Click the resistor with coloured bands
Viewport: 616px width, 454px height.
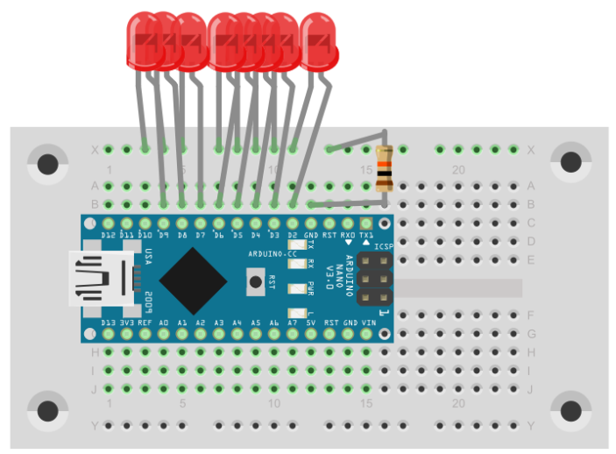[385, 168]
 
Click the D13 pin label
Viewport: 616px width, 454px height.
[108, 323]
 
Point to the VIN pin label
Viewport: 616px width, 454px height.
[368, 323]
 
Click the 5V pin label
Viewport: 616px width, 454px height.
[311, 323]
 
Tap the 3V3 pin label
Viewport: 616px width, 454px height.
[127, 323]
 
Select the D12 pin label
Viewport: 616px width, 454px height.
[108, 236]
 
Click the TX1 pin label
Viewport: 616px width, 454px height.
[366, 236]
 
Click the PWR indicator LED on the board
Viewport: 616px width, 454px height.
[296, 286]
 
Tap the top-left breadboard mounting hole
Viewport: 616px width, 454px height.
[46, 162]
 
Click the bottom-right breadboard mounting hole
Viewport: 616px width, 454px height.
[570, 411]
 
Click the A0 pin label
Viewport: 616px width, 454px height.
[164, 323]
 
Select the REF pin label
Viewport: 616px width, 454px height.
[145, 323]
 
